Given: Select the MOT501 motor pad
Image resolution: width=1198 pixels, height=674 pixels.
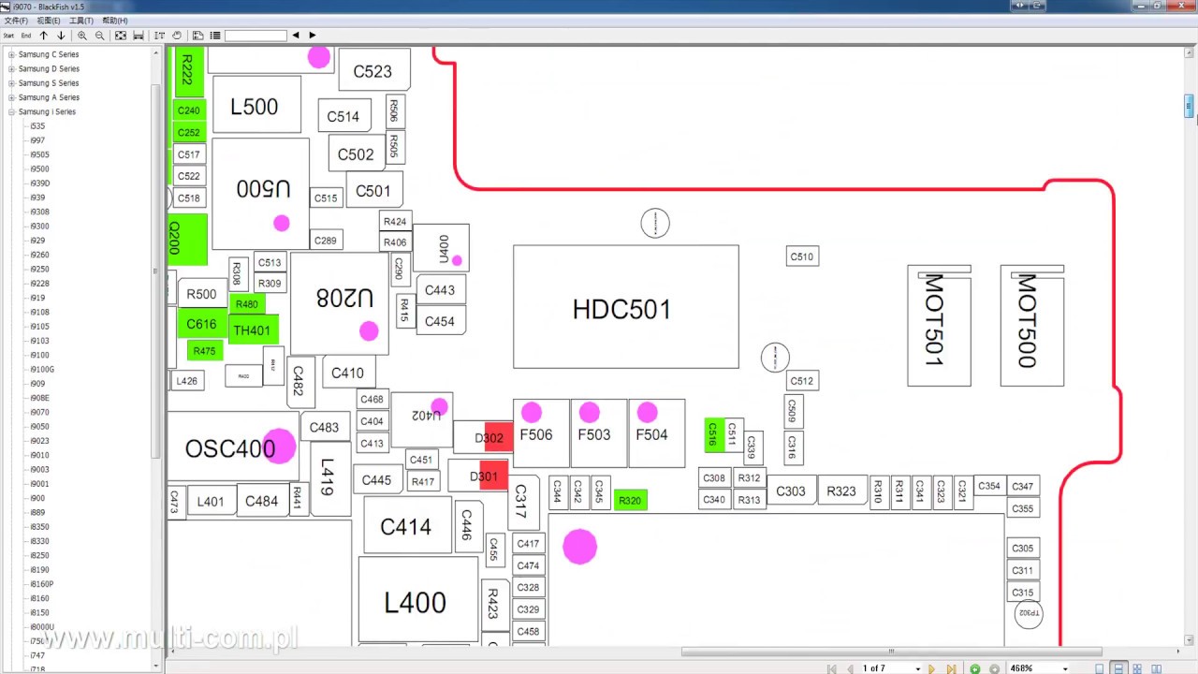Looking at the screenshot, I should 939,325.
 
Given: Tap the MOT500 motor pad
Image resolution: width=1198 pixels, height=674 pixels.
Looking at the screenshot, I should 1031,325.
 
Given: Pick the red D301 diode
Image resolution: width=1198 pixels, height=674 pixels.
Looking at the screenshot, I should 492,476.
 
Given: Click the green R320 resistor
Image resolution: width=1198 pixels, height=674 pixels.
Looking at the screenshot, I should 630,501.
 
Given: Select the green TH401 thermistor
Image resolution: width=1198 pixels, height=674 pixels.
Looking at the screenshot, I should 253,330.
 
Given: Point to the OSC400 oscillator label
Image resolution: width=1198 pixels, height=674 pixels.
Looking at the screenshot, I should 230,449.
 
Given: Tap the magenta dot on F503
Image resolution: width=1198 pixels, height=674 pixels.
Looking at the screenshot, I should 590,412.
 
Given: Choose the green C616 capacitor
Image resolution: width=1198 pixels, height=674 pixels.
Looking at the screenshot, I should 201,324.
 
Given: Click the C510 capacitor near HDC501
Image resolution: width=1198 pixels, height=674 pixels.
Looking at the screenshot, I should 802,256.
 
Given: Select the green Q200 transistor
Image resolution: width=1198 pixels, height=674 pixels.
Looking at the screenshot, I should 187,239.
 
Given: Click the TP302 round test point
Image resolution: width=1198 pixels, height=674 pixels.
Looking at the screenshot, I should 1029,614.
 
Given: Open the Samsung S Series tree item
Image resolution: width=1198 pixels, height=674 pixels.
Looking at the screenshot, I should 49,83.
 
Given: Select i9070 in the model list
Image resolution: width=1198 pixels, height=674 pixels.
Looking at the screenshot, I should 39,412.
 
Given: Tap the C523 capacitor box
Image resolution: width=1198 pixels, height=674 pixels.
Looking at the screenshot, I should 373,71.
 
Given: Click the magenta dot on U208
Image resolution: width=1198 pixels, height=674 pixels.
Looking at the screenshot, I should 369,330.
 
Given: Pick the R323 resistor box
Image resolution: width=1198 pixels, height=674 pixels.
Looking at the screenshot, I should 840,491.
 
